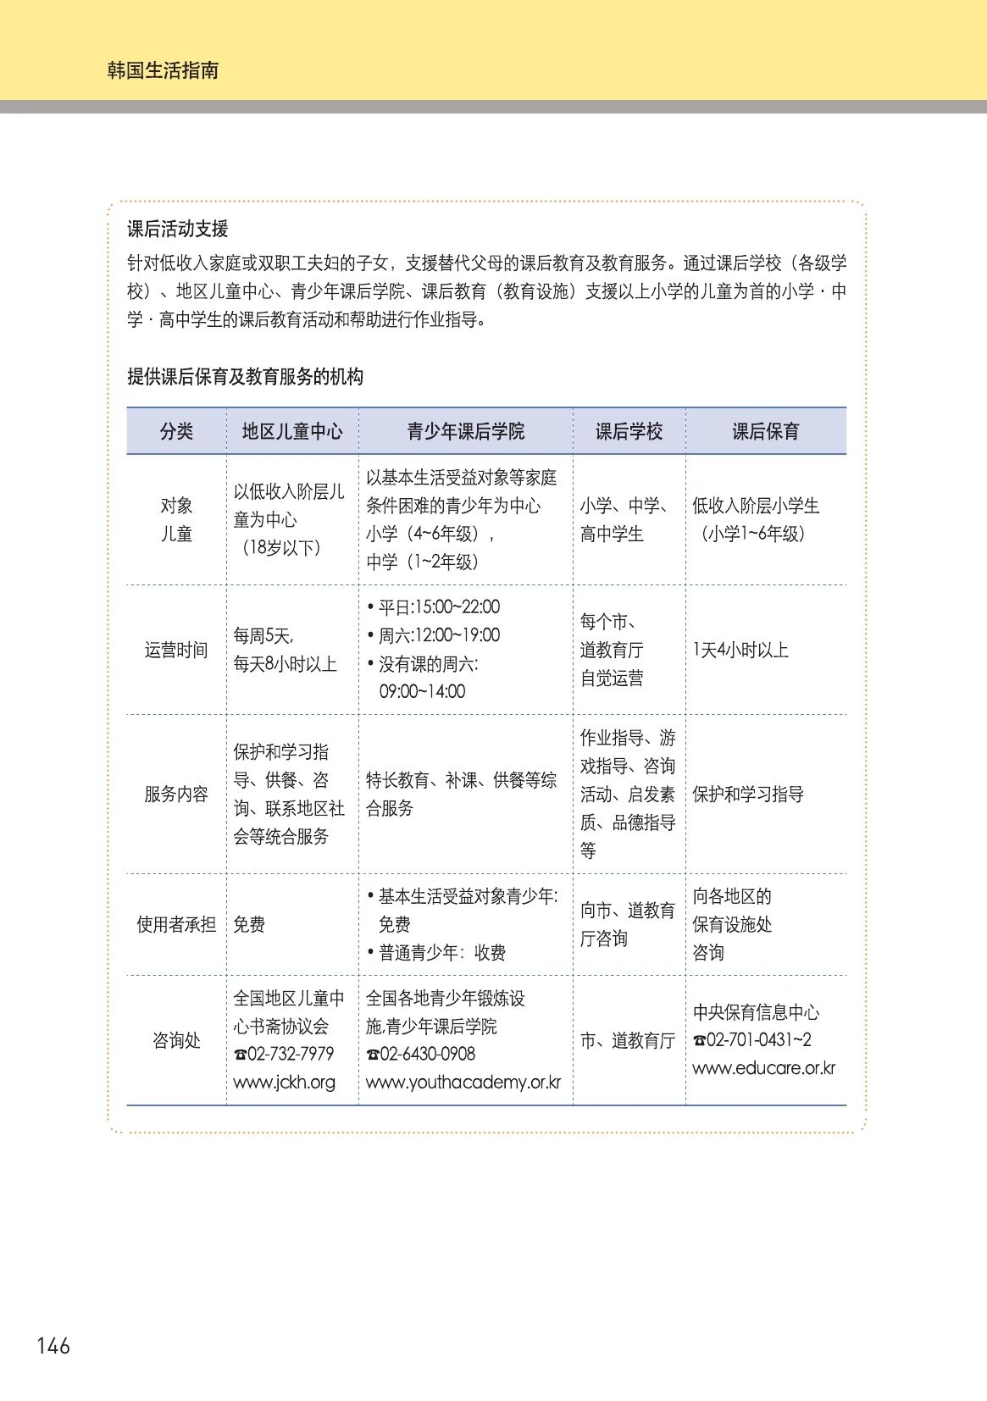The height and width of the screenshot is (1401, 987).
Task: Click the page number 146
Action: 53,1345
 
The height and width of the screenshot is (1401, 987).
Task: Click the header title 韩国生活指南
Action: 163,70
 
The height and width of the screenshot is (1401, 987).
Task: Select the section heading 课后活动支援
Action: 178,229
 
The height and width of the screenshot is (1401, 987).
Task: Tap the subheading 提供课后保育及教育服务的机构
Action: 245,377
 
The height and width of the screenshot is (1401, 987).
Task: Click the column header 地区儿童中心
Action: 292,431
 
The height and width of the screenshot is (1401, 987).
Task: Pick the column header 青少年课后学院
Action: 466,431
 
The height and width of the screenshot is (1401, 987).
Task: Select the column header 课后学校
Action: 629,431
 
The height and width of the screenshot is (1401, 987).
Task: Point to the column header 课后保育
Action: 766,431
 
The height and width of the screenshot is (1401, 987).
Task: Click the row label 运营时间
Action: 176,650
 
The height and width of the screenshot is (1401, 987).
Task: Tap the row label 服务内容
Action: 176,794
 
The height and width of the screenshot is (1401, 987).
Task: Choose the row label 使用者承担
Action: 176,924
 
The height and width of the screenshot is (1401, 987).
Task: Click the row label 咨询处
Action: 176,1040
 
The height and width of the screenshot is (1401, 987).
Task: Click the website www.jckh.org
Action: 284,1082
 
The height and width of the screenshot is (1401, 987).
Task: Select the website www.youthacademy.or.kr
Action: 463,1082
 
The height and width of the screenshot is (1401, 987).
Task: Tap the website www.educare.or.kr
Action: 763,1068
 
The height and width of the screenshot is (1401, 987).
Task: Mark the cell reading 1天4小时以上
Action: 740,650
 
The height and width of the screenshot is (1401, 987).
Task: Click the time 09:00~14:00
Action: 422,691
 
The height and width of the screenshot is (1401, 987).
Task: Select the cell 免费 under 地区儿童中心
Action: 249,924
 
